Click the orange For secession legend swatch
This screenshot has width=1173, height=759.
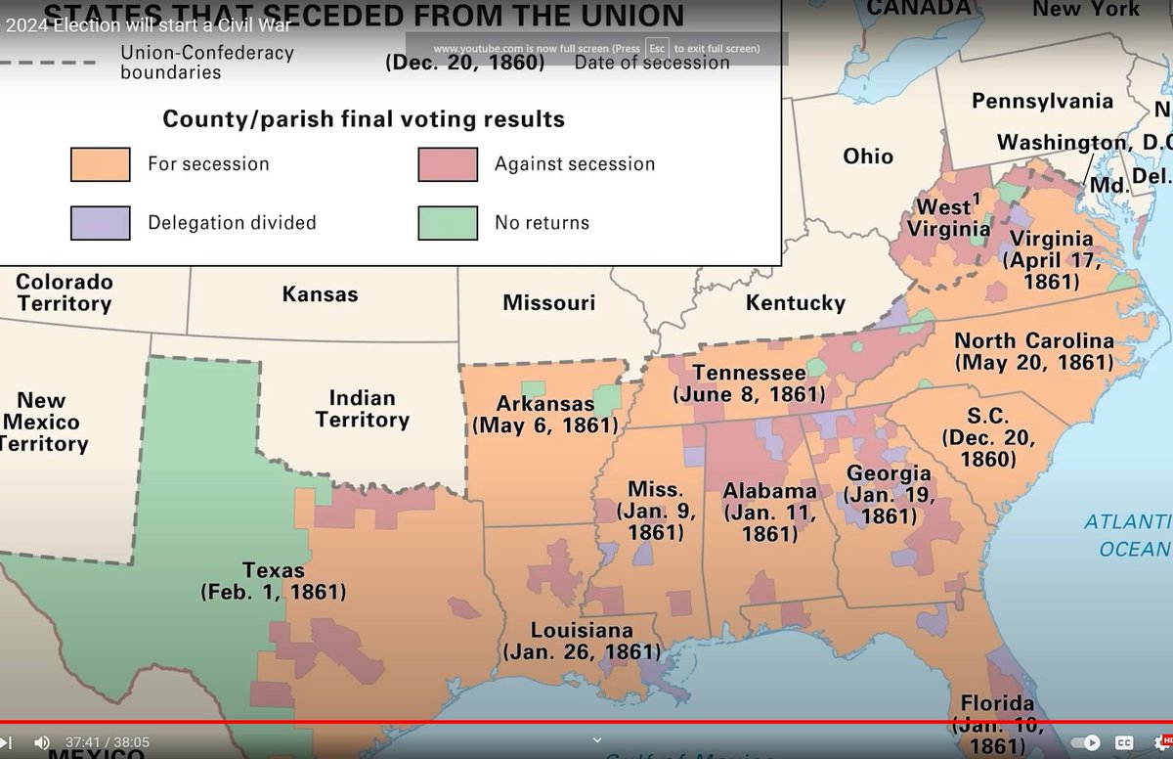tap(100, 164)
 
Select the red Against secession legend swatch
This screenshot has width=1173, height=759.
tap(448, 164)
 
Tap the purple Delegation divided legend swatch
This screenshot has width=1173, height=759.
tap(100, 222)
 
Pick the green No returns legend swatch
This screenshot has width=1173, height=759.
tap(448, 222)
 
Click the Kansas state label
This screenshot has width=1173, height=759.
tap(320, 294)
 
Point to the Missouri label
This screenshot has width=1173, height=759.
tap(548, 303)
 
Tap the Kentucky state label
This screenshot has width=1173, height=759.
tap(795, 303)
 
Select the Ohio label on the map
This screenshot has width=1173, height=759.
tap(868, 156)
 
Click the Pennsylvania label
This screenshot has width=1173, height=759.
tap(1042, 102)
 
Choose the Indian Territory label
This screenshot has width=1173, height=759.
tap(362, 409)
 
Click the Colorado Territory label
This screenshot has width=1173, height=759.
tap(65, 292)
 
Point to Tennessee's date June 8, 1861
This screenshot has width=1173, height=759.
tap(749, 395)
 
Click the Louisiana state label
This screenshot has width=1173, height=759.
tap(582, 631)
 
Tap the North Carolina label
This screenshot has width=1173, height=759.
tap(1033, 341)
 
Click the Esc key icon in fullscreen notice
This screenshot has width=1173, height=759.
tap(657, 49)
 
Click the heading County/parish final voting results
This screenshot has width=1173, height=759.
tap(364, 119)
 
